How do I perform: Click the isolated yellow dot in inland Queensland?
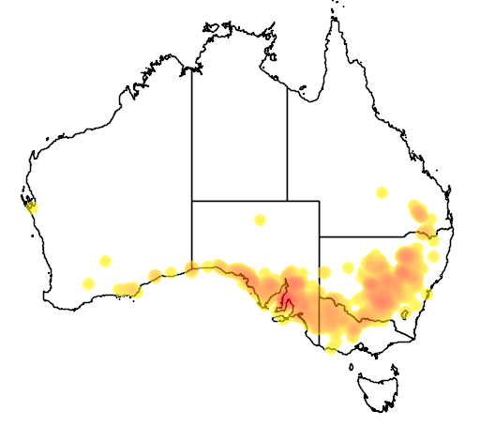[382, 192]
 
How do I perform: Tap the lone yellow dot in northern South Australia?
[260, 221]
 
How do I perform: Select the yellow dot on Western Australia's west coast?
[32, 206]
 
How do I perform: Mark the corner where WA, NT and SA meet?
[192, 201]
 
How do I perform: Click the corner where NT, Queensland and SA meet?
[287, 201]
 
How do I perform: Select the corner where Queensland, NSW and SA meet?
[320, 236]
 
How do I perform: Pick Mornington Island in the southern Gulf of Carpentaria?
[302, 91]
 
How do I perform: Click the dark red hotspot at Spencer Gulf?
[288, 303]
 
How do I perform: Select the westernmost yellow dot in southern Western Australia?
[88, 283]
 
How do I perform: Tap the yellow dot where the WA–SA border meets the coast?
[192, 270]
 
